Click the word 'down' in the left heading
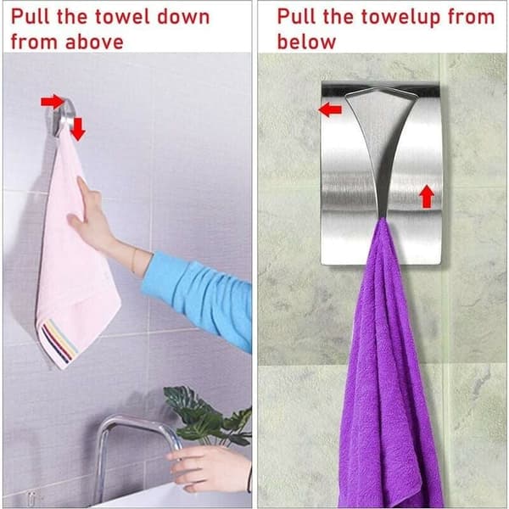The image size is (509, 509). tap(183, 17)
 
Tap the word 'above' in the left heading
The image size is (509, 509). tap(94, 42)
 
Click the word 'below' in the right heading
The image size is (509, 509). tap(306, 42)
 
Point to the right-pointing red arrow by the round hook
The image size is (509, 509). tap(53, 102)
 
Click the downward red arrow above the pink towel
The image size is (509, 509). tap(78, 129)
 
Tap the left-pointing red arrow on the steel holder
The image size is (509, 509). tap(330, 109)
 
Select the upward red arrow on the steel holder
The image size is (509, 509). tap(427, 197)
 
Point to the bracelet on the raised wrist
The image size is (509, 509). tap(134, 260)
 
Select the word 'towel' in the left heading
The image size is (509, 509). tap(120, 17)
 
